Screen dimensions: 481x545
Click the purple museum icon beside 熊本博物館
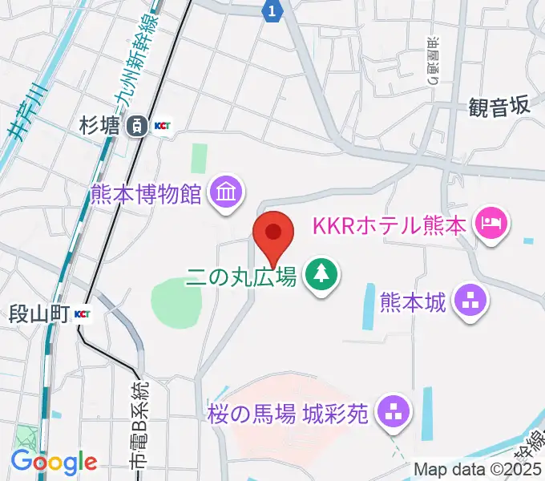point(224,192)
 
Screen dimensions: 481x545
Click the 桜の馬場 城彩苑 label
point(288,414)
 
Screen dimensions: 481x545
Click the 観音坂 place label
point(499,106)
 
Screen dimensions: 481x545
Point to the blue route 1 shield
point(273,10)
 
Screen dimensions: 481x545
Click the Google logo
point(54,461)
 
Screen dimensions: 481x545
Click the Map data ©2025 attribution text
point(478,470)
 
